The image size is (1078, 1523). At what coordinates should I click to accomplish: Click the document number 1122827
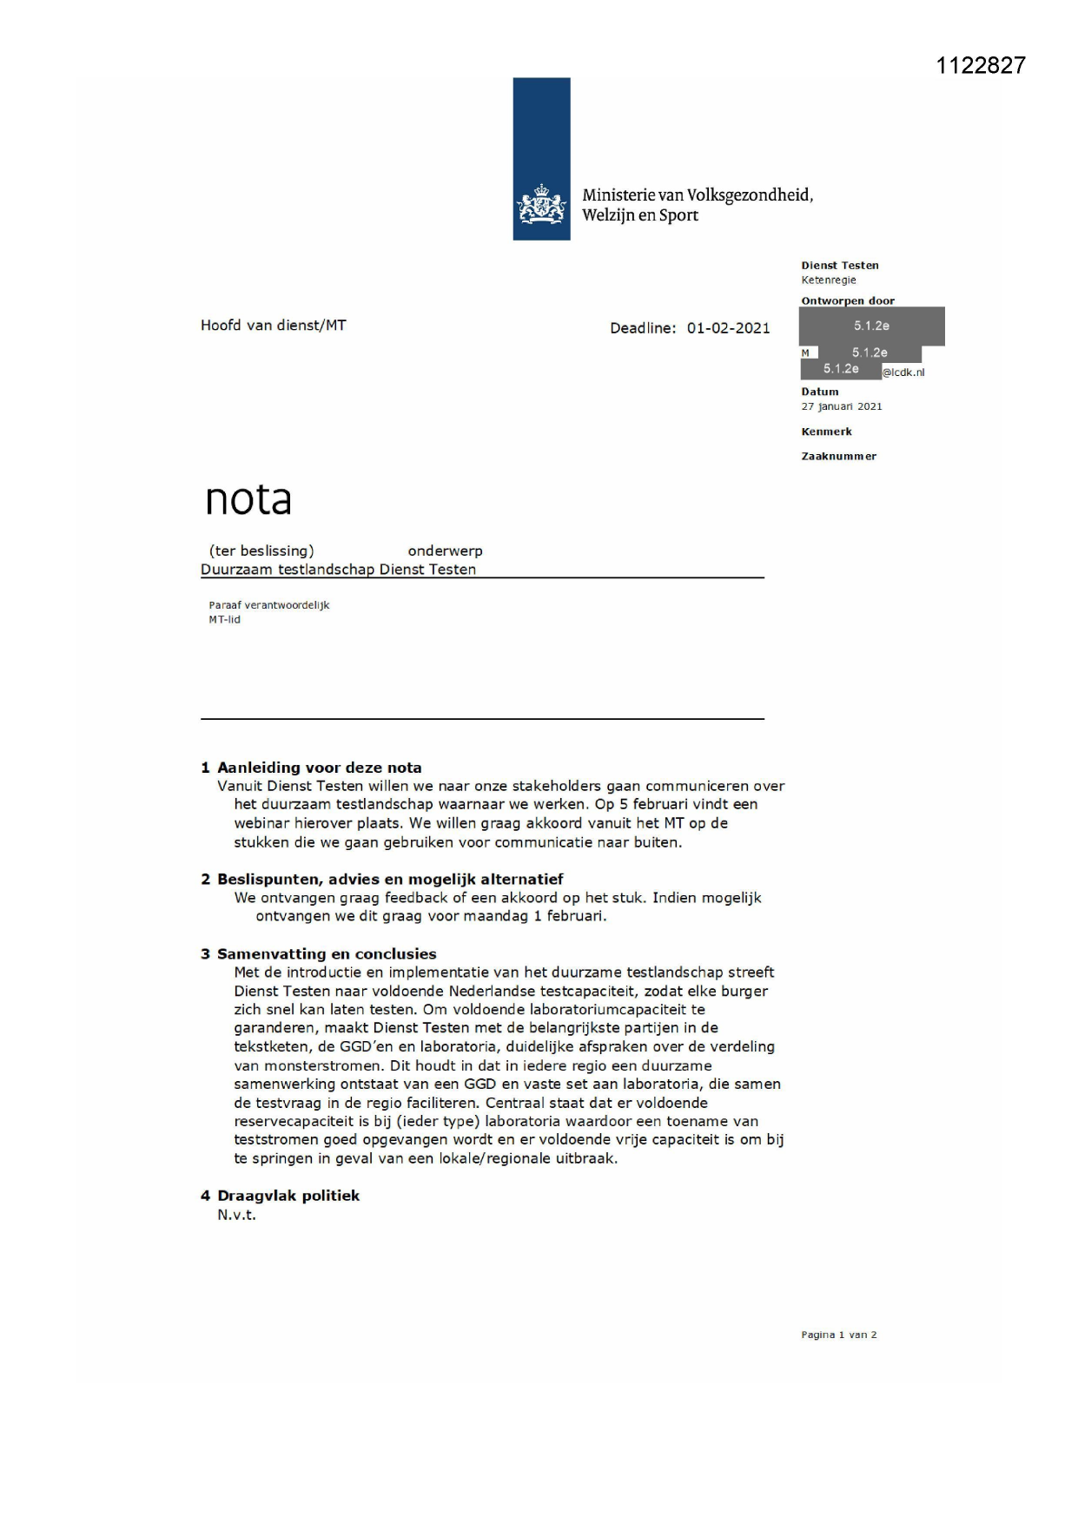tap(981, 66)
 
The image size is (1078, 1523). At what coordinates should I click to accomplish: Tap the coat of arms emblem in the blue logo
tap(541, 205)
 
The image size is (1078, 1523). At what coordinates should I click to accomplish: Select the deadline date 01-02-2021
tap(728, 328)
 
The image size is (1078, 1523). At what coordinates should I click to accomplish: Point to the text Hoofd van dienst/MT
tap(273, 326)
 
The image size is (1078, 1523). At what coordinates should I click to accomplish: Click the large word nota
tap(248, 499)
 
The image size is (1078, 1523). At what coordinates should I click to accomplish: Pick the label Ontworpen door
tap(847, 301)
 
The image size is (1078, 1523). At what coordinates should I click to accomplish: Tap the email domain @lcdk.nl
tap(903, 373)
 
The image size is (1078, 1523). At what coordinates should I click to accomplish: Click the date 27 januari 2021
tap(841, 406)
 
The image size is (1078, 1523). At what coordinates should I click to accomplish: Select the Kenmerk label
tap(826, 432)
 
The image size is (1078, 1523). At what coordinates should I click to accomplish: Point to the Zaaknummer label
tap(838, 456)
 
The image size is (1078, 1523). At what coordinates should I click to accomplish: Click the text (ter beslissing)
tap(261, 551)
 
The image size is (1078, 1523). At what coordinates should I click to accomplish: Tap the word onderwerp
tap(445, 551)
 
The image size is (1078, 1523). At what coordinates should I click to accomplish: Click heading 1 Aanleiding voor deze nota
tap(311, 768)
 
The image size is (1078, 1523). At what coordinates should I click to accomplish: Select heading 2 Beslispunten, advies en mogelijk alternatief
tap(382, 879)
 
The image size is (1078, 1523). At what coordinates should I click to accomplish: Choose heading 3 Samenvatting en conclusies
tap(318, 953)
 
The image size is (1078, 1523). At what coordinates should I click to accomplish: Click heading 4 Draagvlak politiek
tap(280, 1196)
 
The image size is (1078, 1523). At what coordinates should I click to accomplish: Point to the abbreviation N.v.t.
tap(236, 1215)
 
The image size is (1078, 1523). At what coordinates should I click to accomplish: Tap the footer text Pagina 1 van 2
tap(838, 1335)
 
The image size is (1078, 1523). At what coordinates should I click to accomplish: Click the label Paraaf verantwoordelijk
tap(269, 605)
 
